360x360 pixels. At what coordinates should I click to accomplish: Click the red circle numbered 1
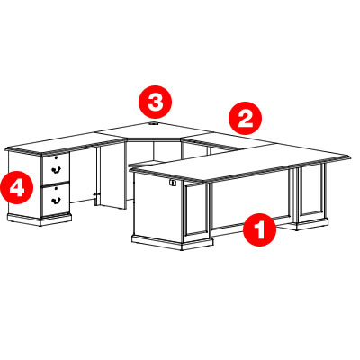(259, 230)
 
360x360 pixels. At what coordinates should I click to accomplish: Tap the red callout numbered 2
(245, 118)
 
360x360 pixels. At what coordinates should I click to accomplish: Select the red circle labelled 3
(155, 102)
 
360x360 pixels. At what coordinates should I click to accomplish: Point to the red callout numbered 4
(17, 188)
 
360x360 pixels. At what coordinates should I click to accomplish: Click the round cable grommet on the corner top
(154, 123)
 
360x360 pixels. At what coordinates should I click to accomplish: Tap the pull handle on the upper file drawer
(56, 170)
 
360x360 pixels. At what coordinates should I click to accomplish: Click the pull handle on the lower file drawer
(56, 201)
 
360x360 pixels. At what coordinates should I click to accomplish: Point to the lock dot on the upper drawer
(56, 157)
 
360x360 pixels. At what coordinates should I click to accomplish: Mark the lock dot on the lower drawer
(56, 188)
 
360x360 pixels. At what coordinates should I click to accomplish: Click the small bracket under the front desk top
(172, 183)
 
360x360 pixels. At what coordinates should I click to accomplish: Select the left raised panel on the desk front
(196, 210)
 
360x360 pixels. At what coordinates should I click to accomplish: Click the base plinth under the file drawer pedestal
(40, 220)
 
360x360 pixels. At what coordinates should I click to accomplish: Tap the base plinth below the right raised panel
(312, 224)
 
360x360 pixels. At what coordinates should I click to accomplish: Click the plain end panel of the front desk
(157, 208)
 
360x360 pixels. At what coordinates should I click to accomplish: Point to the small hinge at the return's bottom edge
(96, 199)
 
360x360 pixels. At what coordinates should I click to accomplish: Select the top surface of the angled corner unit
(154, 130)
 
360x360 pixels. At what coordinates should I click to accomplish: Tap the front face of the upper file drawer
(56, 169)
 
